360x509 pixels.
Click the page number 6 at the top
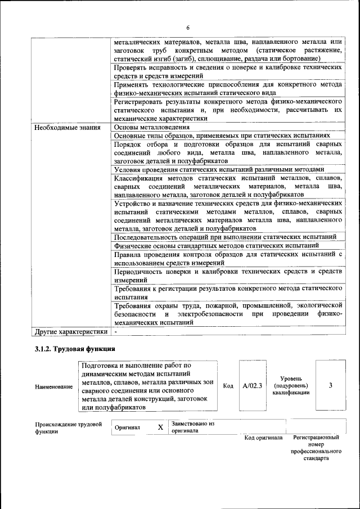coord(188,28)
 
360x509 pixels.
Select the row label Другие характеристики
coord(70,332)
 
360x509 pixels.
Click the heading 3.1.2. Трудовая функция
coord(78,350)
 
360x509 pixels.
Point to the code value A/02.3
coord(253,386)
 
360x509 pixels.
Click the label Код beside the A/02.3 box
coord(228,386)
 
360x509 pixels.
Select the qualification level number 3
coord(331,385)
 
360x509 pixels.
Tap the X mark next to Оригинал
coord(160,427)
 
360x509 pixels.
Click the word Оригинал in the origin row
coord(127,427)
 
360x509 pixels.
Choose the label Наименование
coord(54,386)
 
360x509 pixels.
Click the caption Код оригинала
coord(263,437)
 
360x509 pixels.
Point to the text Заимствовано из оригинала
coord(194,427)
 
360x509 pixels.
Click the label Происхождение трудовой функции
coord(67,427)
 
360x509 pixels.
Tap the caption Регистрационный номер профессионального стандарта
coord(316,448)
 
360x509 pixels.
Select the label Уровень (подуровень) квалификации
coord(291,385)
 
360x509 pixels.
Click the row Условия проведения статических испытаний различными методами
coord(219,169)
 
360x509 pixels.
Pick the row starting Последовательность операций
coord(225,237)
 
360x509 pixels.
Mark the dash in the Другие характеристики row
coord(116,332)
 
